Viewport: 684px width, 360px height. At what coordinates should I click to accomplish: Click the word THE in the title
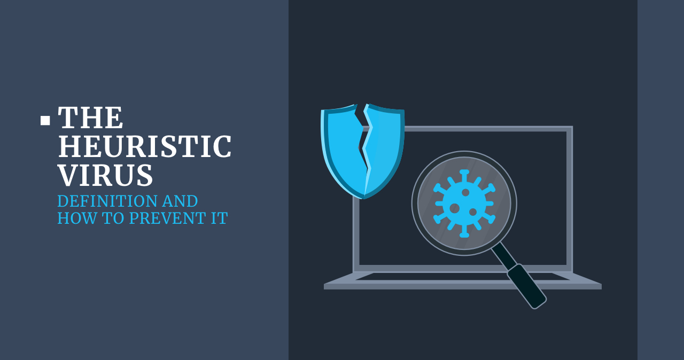90,118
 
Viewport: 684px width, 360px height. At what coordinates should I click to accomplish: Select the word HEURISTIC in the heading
144,147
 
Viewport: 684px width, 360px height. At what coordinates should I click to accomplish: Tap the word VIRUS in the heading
105,175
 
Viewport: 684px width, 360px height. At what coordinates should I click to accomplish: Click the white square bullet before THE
45,121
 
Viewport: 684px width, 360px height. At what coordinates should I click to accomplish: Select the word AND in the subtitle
181,201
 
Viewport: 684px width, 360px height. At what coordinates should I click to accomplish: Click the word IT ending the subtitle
219,218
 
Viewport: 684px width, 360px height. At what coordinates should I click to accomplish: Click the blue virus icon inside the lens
464,203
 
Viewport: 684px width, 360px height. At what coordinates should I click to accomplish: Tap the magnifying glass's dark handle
526,286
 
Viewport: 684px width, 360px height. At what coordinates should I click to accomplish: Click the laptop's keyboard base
462,281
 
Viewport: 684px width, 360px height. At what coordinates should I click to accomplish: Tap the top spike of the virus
464,174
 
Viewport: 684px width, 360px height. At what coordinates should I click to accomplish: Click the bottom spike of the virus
464,233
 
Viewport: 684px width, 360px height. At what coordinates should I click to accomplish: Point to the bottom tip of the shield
364,197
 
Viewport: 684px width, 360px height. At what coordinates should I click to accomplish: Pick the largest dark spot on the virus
455,208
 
